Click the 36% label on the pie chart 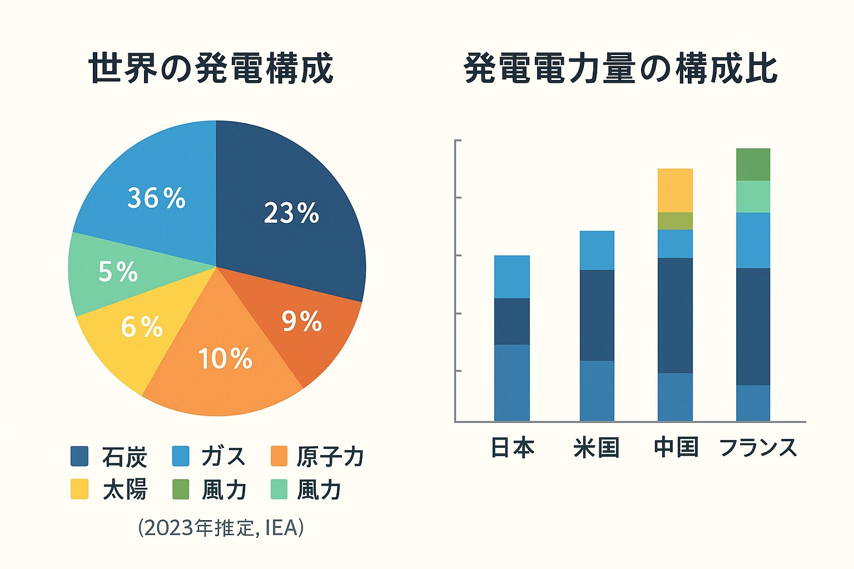click(156, 198)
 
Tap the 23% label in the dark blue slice click(291, 213)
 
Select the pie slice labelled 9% click(302, 321)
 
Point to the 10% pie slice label click(225, 358)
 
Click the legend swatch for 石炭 click(80, 456)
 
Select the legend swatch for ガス click(181, 456)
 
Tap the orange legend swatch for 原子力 click(279, 456)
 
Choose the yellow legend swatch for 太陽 click(80, 490)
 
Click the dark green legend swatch click(181, 490)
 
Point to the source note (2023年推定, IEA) click(221, 527)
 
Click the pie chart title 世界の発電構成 click(211, 69)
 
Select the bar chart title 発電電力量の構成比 click(620, 69)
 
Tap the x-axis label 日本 click(512, 447)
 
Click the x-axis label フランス click(758, 447)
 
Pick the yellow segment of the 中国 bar click(675, 190)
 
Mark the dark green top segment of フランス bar click(753, 164)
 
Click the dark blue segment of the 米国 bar click(597, 315)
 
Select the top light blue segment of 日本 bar click(512, 277)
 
